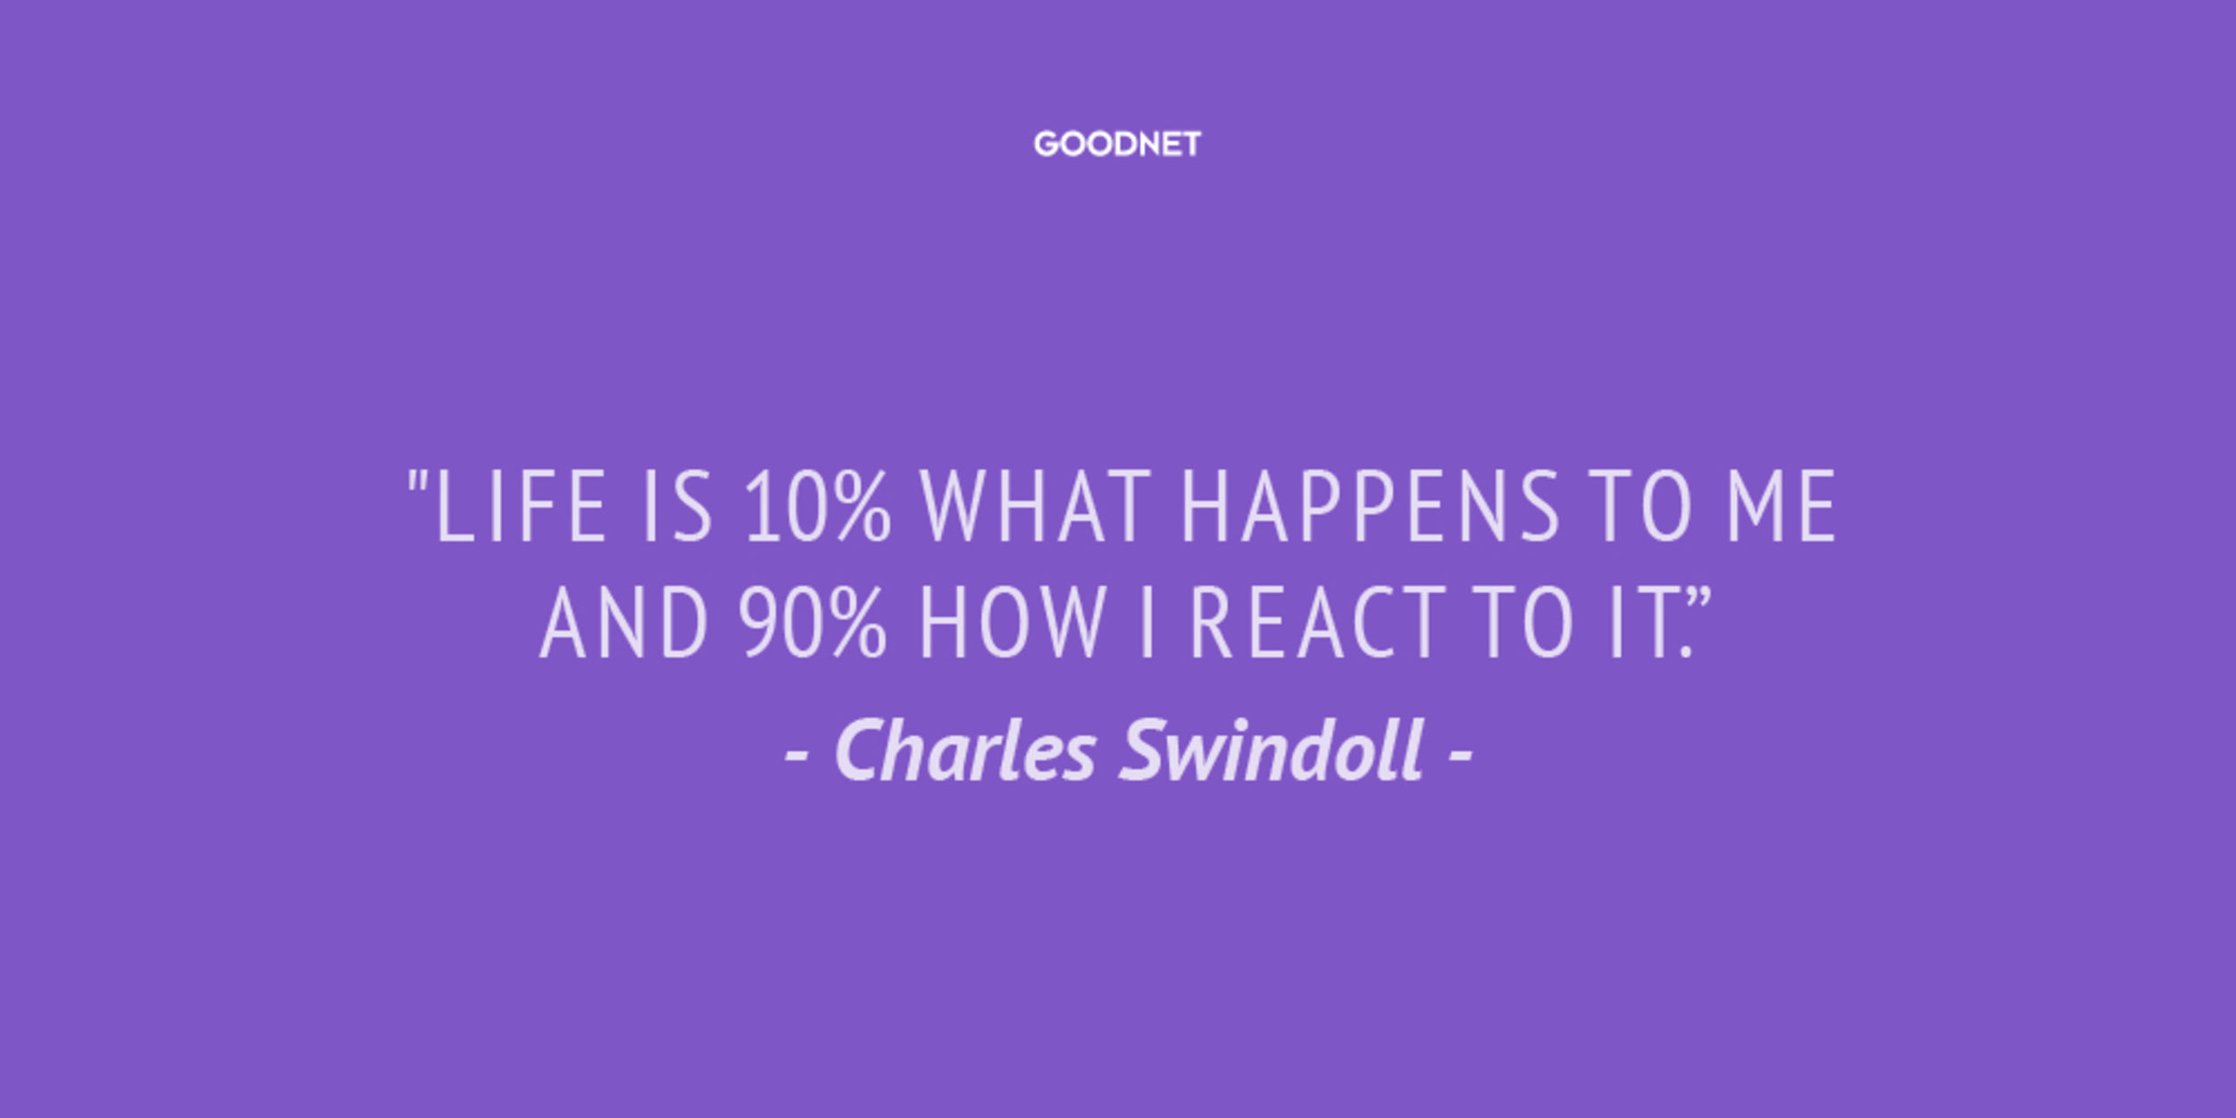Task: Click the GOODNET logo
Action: pos(1117,144)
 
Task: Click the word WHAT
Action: pos(1036,506)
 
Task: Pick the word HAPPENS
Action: pos(1371,506)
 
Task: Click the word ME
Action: pos(1781,506)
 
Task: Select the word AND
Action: pos(623,622)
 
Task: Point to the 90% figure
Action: pos(813,622)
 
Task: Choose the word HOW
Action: pos(1014,622)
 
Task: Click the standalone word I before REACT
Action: pos(1148,622)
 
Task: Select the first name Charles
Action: pos(965,750)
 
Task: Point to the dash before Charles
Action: pos(797,755)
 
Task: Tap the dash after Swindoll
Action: pos(1459,755)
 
